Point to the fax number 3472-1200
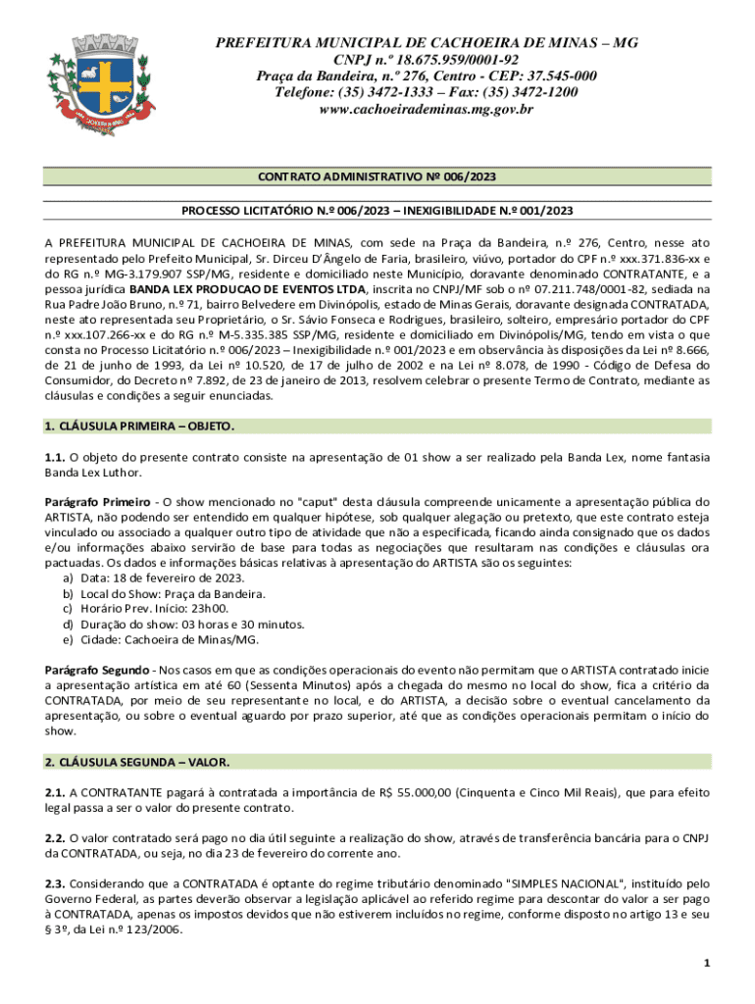(544, 92)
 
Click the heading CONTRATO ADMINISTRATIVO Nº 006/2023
(377, 177)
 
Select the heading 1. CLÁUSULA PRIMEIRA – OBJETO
(140, 427)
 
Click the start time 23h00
(225, 609)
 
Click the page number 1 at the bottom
(705, 964)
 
